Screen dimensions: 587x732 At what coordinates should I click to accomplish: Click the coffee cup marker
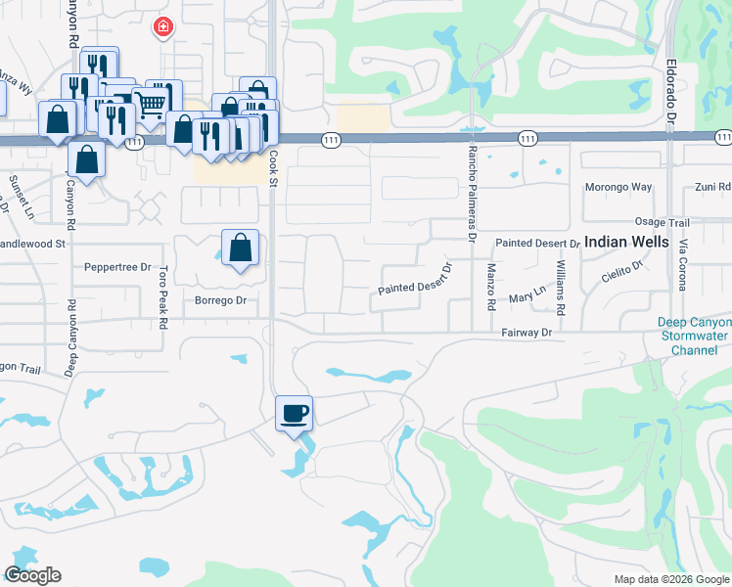point(295,413)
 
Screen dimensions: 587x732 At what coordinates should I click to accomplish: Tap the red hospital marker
point(161,28)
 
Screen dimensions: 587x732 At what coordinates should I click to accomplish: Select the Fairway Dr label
point(527,333)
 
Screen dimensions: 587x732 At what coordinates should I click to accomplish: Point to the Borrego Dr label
point(220,300)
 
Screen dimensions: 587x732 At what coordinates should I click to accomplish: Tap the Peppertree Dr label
point(117,267)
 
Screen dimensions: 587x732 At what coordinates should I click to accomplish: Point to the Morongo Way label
point(618,186)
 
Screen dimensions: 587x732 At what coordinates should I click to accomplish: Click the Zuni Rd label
point(710,186)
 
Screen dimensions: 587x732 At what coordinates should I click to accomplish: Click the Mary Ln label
point(526,297)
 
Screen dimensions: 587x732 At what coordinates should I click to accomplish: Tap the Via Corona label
point(683,264)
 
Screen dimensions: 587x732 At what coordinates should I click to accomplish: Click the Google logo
point(32,575)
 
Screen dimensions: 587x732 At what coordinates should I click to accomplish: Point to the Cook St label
point(273,174)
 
